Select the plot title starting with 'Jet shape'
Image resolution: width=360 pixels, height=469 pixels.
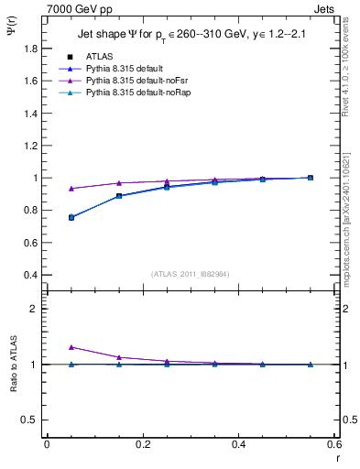(x=191, y=35)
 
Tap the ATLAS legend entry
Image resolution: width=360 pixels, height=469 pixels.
(x=100, y=57)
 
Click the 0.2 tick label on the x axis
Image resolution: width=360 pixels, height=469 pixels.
(x=142, y=444)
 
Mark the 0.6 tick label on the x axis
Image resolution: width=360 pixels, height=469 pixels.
(x=334, y=444)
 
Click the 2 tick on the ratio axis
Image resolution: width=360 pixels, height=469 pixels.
(x=35, y=309)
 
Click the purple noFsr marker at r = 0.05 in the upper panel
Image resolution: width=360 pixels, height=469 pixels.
(x=71, y=189)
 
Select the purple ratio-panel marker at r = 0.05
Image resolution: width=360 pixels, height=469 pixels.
(x=71, y=347)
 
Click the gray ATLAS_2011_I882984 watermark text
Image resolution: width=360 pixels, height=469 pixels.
(x=190, y=273)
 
